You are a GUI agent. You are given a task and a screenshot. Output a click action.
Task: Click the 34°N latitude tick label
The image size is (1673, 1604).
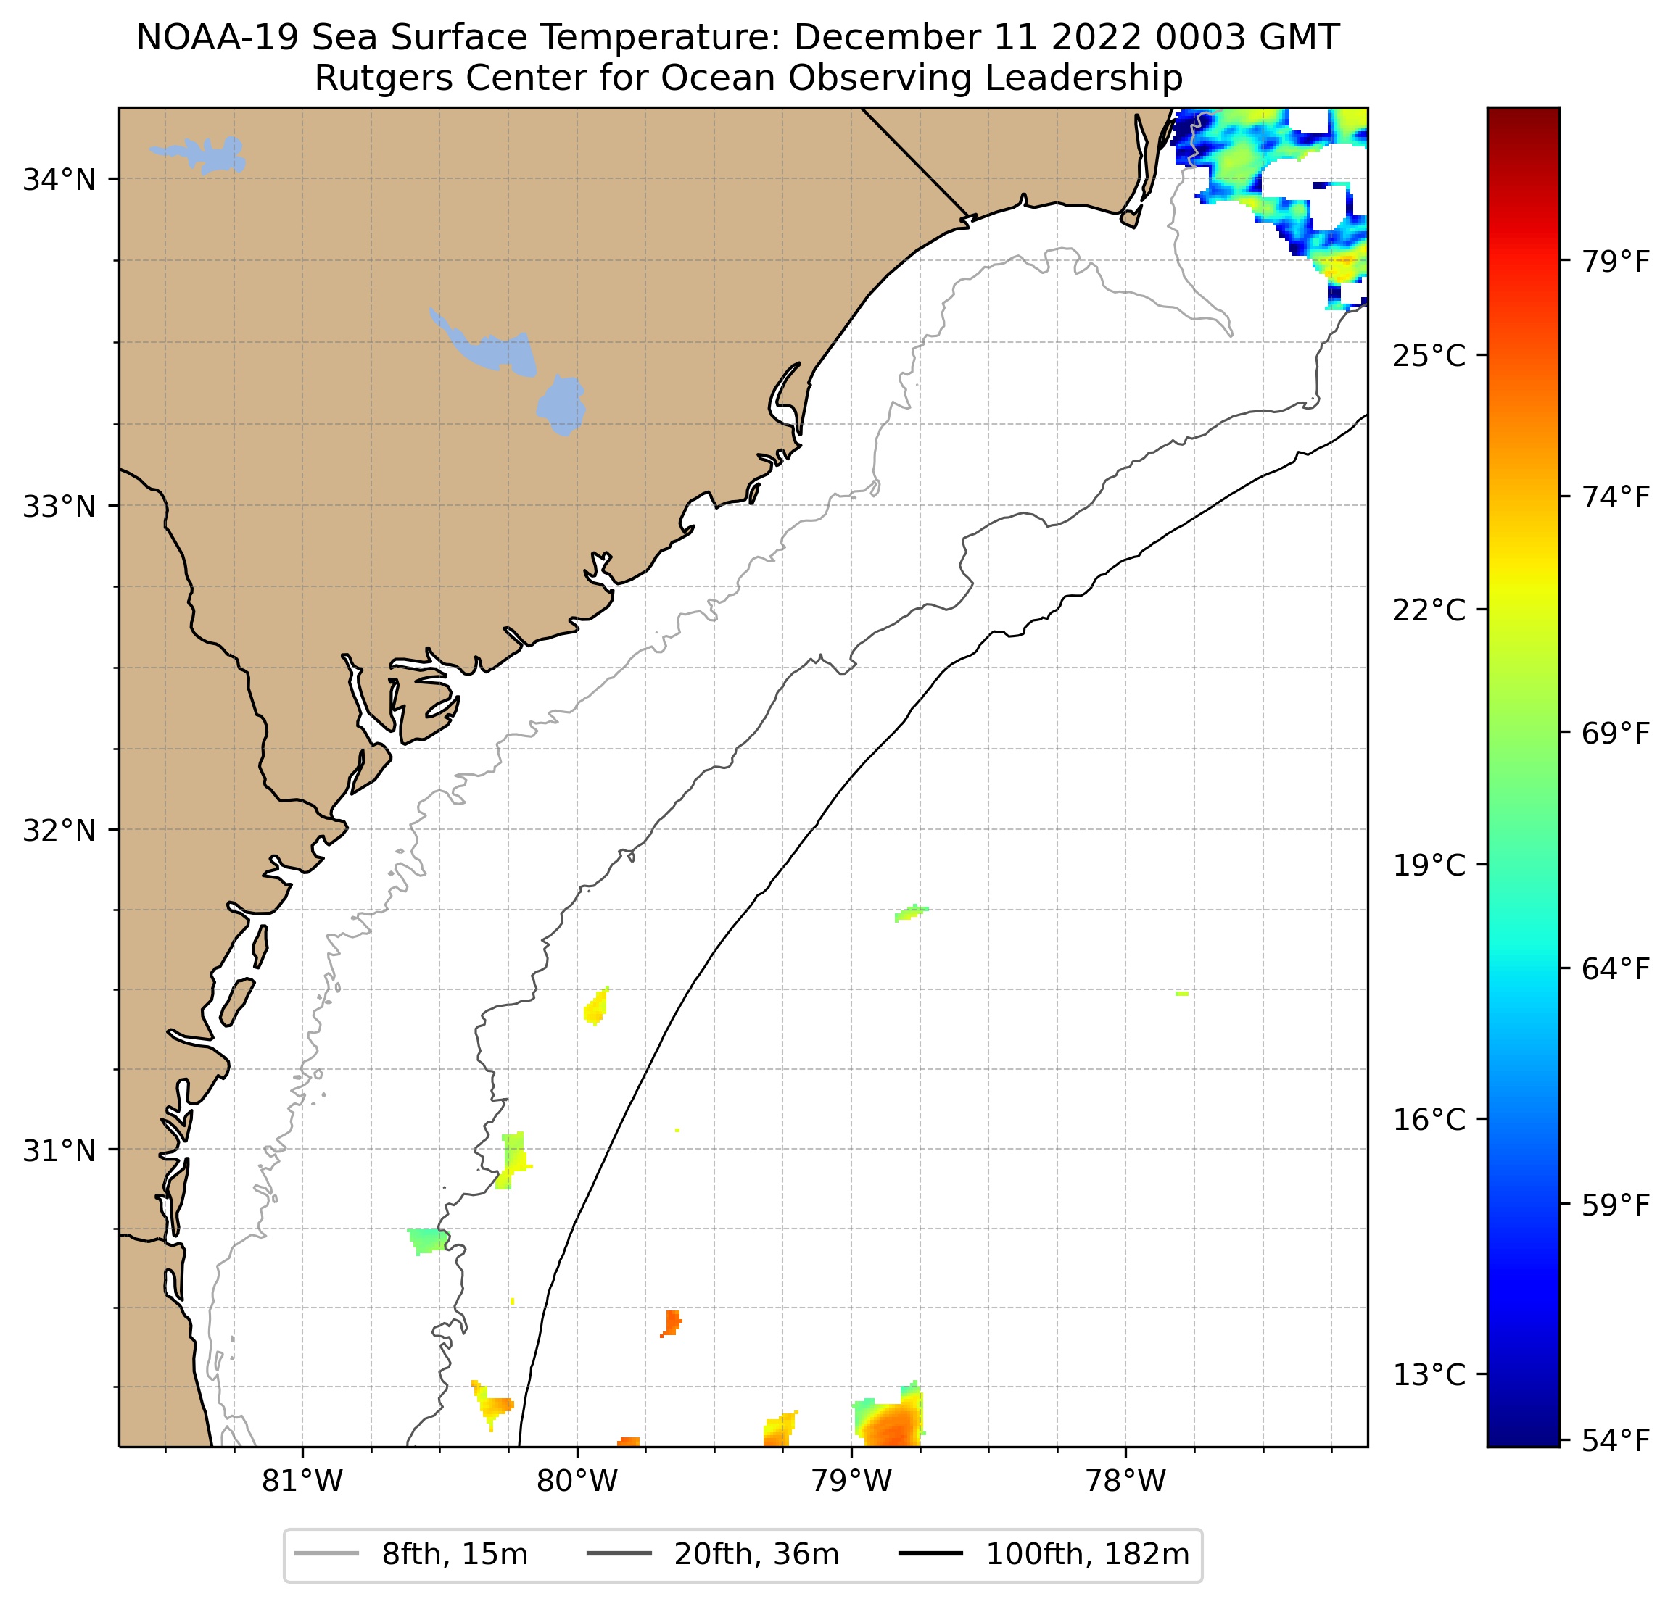[59, 180]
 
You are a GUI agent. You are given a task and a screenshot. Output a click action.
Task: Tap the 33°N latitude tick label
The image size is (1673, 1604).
[59, 507]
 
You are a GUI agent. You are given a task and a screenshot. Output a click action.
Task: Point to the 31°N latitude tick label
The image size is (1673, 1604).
[59, 1151]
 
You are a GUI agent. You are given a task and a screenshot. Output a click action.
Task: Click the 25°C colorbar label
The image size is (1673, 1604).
[1429, 356]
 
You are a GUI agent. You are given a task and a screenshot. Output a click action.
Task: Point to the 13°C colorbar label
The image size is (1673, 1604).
[1429, 1376]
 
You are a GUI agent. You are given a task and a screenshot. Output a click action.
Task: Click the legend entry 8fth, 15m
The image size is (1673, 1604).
[454, 1555]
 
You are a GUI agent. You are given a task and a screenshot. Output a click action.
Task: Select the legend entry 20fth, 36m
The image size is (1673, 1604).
[756, 1555]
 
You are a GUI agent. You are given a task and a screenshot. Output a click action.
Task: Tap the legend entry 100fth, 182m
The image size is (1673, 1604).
[1086, 1555]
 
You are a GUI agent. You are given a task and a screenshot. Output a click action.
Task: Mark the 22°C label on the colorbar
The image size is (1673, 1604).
[1429, 610]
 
